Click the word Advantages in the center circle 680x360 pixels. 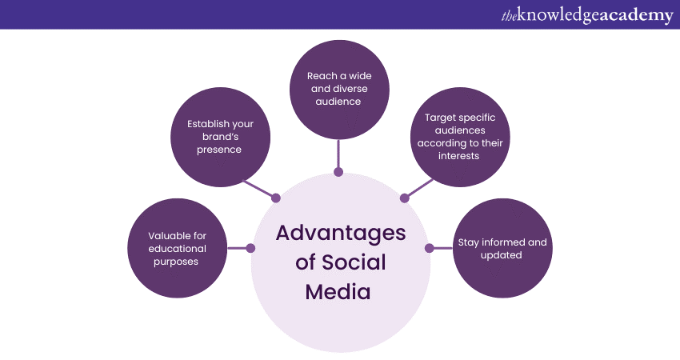coord(340,233)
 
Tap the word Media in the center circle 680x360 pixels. coord(338,291)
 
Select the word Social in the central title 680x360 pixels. coord(353,262)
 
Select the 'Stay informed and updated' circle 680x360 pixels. coord(501,248)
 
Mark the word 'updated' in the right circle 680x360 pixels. coord(501,255)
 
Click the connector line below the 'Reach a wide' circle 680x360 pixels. coord(338,152)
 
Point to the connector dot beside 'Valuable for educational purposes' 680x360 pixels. coord(250,248)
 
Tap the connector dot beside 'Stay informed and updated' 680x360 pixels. coord(429,248)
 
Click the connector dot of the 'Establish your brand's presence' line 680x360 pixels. coord(277,198)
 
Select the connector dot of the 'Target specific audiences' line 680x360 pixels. coord(403,198)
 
